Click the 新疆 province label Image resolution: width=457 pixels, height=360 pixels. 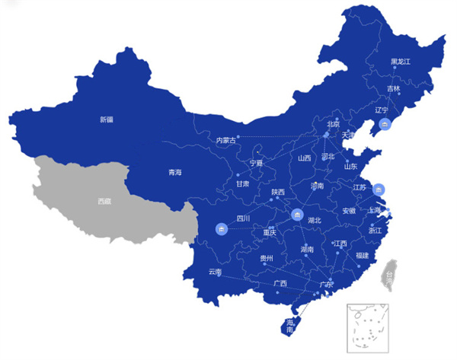[x=106, y=119]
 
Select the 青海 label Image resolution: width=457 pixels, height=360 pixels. [x=175, y=172]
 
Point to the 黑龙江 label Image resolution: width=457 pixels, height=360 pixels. [x=401, y=61]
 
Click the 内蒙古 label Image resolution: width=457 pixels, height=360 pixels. [x=226, y=140]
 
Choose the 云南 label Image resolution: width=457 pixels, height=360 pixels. [x=215, y=272]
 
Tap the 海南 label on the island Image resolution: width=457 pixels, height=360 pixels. [x=290, y=326]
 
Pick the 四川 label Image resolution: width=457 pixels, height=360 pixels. [x=244, y=218]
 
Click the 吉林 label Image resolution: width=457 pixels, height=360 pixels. [x=393, y=88]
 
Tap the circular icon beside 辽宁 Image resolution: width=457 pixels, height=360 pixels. [x=385, y=125]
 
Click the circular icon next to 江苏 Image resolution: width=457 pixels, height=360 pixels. [x=381, y=189]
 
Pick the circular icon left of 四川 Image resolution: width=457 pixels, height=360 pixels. [x=222, y=228]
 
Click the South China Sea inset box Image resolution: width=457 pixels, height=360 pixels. [x=368, y=326]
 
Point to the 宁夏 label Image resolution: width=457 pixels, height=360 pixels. [x=256, y=164]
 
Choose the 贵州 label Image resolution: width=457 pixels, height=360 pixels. [x=266, y=258]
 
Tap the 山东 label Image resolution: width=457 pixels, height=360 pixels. [x=350, y=165]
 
